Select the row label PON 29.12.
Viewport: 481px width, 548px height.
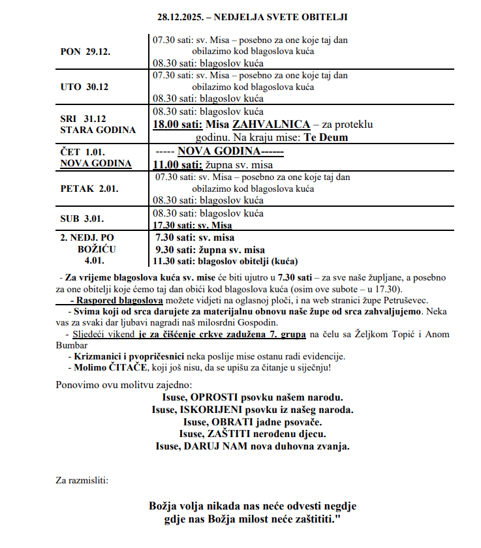(x=84, y=52)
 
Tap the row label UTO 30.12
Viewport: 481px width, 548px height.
(x=84, y=87)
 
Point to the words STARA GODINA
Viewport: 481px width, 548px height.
(x=98, y=130)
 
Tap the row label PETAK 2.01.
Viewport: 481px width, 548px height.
(x=89, y=189)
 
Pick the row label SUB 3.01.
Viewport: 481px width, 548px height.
(x=82, y=219)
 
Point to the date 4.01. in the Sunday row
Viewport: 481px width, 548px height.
(x=95, y=261)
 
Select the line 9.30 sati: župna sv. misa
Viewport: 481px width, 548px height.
(x=210, y=249)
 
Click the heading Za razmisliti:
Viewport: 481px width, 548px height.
(x=82, y=481)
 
